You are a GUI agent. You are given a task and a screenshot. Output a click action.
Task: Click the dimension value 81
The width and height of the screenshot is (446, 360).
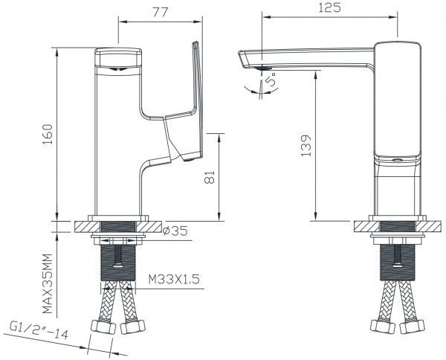pyautogui.click(x=210, y=178)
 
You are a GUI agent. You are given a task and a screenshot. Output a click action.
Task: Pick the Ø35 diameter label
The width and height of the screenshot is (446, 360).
pyautogui.click(x=175, y=231)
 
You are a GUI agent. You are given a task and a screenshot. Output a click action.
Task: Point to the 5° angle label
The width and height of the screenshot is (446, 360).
pyautogui.click(x=274, y=78)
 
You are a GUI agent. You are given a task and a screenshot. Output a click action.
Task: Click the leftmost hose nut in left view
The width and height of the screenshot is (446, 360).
pyautogui.click(x=99, y=327)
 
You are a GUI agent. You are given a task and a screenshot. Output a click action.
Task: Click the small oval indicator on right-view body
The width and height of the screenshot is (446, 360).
pyautogui.click(x=395, y=160)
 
